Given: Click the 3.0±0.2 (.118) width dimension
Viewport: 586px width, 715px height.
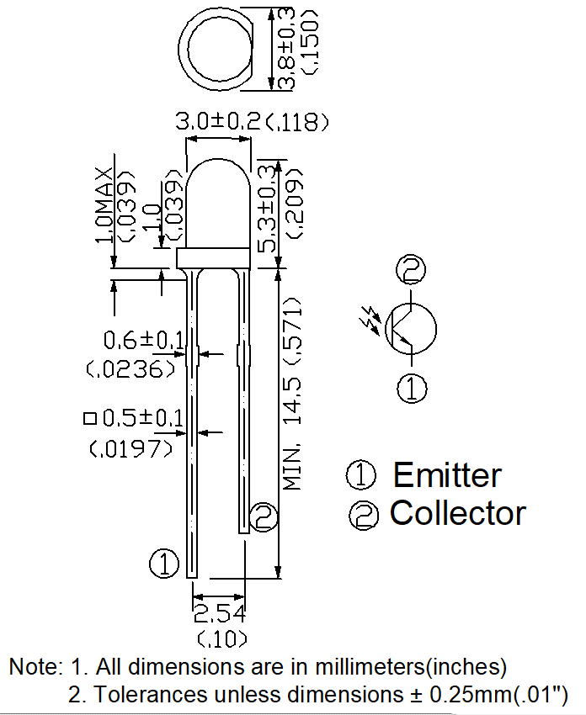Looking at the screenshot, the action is tap(252, 122).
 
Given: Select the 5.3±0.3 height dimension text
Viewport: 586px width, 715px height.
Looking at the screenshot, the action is tap(269, 209).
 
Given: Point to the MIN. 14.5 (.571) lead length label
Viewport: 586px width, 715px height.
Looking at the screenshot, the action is tap(292, 394).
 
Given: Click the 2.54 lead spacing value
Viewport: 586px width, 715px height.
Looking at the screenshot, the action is tap(220, 614).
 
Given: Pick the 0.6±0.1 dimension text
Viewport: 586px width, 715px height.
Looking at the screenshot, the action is tap(144, 340).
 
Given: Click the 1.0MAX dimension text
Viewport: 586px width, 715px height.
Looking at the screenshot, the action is tap(105, 204).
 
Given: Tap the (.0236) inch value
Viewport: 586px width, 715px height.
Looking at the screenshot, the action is tap(131, 368).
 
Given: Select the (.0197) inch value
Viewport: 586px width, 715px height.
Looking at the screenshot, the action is tap(131, 448).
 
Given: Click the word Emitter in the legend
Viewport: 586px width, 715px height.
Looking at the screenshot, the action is tap(447, 475).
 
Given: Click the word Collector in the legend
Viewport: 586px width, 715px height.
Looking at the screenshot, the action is tap(458, 513).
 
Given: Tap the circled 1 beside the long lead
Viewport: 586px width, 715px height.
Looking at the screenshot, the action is tap(164, 564).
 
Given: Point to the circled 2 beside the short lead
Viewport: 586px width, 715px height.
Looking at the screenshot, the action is tap(264, 517).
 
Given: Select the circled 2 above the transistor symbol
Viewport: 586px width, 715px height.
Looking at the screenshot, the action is tap(411, 269).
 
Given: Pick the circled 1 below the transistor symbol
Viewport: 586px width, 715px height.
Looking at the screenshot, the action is tap(412, 389).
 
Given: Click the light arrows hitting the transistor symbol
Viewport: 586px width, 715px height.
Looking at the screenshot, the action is tap(371, 320).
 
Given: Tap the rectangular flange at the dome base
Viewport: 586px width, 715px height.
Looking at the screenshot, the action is tap(214, 258).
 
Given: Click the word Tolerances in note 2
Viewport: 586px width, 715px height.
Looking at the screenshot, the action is tap(151, 695).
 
